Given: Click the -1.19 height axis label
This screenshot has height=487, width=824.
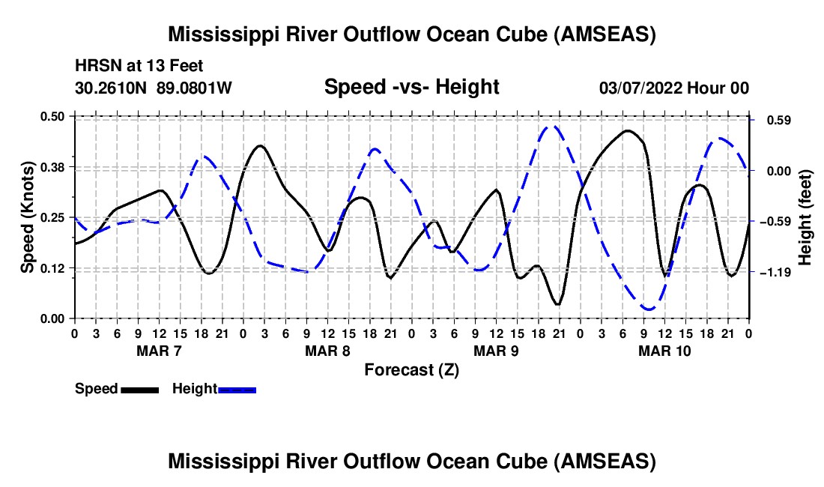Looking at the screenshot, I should [x=775, y=273].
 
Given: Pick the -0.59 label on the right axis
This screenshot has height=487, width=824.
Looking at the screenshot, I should [x=775, y=222].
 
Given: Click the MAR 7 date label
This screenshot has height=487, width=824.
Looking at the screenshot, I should [x=158, y=351].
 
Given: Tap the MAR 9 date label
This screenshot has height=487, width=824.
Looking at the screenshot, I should [x=495, y=351].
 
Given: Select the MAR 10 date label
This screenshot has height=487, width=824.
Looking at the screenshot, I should [x=664, y=351].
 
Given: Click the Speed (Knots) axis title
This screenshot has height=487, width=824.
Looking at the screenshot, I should [x=28, y=217].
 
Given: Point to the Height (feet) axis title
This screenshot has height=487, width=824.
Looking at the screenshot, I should [x=805, y=217].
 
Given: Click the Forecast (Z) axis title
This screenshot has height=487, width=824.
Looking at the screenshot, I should [x=411, y=369].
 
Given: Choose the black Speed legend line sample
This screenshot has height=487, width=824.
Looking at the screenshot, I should [x=139, y=390].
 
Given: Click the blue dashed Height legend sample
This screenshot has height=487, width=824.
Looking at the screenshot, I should [x=237, y=390].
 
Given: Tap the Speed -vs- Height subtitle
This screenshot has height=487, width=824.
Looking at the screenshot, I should [x=411, y=87].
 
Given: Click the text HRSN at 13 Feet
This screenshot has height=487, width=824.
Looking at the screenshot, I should [x=139, y=67].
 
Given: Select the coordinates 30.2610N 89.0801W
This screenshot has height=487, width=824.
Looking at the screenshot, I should [x=154, y=88].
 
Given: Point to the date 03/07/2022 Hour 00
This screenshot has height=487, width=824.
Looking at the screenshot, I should [x=673, y=88].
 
